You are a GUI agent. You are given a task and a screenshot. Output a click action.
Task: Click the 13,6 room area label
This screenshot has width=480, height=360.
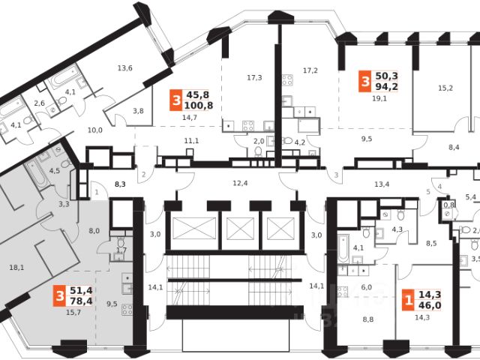tap(124, 69)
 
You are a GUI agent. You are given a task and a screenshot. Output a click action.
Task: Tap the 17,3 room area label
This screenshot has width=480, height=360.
tap(254, 77)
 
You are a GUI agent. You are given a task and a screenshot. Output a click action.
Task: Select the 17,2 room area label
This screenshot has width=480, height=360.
tap(310, 70)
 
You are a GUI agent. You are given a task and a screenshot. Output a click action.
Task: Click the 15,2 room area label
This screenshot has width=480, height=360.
tap(445, 88)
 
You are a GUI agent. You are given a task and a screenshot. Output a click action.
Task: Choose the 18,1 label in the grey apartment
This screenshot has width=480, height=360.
tap(16, 266)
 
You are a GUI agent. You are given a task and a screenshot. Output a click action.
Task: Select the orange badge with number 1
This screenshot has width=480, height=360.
tap(407, 301)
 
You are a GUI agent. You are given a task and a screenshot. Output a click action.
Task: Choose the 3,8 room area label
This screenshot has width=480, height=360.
tap(139, 111)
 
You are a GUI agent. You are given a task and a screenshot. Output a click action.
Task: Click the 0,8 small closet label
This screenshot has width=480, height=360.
tap(449, 204)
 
